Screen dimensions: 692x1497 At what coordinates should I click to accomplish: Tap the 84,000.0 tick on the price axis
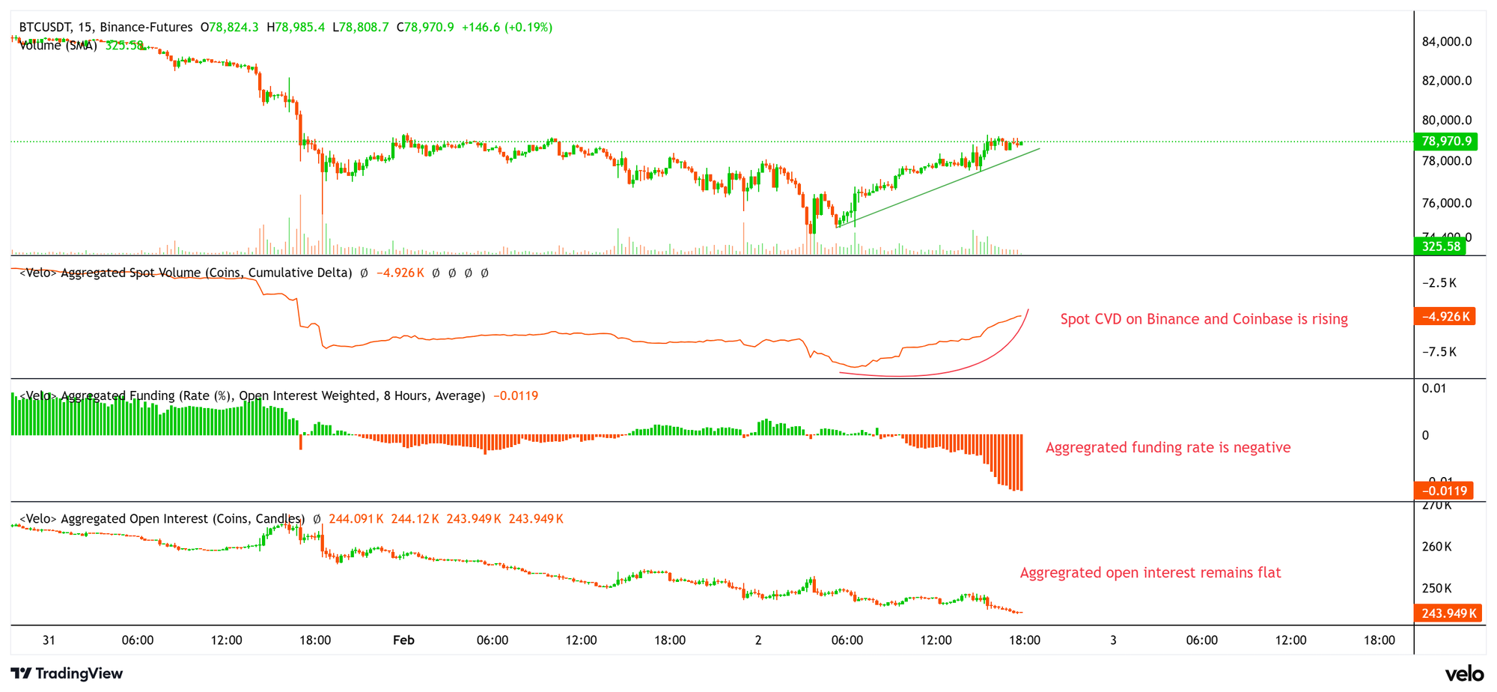point(1446,41)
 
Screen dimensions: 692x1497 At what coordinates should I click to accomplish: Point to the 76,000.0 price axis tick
point(1446,203)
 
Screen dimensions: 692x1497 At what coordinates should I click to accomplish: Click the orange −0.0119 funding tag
point(1443,491)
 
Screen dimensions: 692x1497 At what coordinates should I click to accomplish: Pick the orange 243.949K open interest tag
point(1448,613)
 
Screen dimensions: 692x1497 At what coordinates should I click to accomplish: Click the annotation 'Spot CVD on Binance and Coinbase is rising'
point(1204,319)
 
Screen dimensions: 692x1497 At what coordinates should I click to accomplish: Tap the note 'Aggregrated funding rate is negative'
point(1168,448)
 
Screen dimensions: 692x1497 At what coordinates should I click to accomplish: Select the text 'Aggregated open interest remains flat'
point(1150,573)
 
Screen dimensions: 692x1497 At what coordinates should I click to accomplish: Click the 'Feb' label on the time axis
point(403,640)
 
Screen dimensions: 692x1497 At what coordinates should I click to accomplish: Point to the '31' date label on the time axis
point(49,640)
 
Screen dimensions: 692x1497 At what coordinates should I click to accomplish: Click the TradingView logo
point(67,673)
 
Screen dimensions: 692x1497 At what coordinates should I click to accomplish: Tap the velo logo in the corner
point(1464,673)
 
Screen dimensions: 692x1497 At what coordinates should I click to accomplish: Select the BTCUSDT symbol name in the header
point(46,27)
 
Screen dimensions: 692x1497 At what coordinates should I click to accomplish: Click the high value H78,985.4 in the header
point(296,27)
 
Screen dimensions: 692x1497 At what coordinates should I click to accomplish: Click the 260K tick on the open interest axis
point(1436,547)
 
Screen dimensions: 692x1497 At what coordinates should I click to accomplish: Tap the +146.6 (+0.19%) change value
point(507,27)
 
